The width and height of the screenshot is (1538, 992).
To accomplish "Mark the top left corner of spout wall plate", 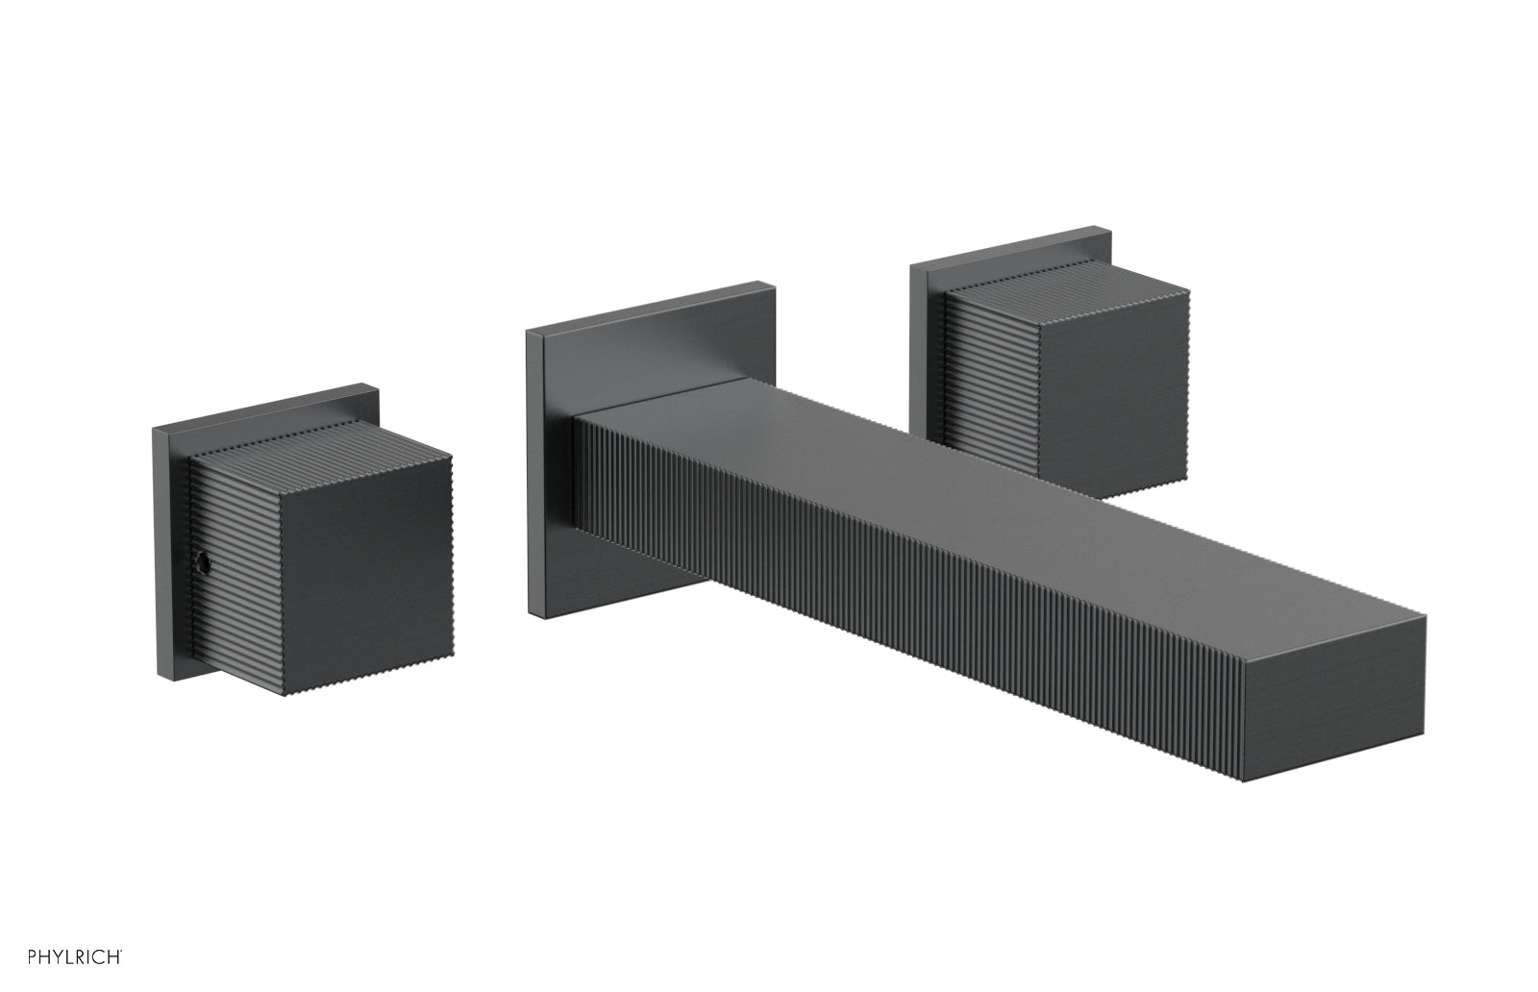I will [529, 334].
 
